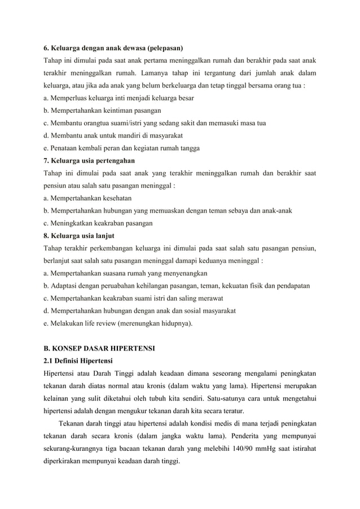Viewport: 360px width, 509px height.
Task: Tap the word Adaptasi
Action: (65, 286)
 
